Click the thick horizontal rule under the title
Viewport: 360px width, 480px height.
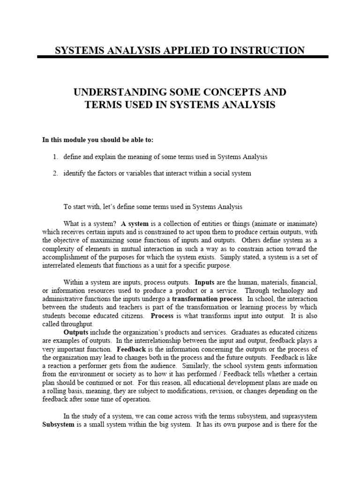click(183, 57)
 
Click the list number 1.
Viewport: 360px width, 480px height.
click(54, 157)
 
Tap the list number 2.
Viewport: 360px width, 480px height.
click(54, 173)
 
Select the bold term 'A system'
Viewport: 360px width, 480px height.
click(135, 223)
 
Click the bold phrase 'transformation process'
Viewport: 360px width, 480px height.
click(207, 299)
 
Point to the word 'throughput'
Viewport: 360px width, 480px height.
click(77, 324)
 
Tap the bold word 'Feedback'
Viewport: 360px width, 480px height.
click(133, 349)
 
